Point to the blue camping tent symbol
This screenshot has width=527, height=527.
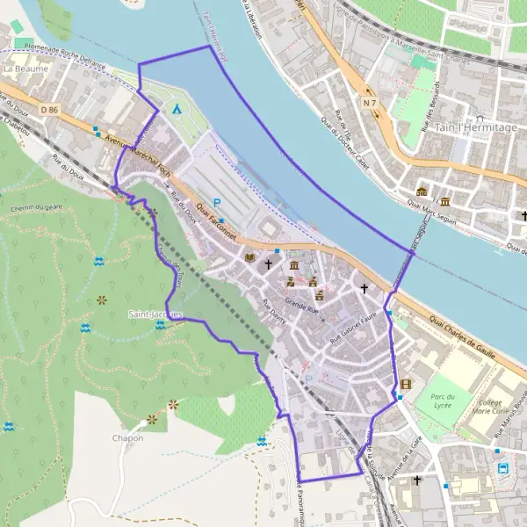coord(177,110)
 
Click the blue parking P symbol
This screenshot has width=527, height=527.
coord(216,202)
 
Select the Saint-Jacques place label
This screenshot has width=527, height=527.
coord(155,314)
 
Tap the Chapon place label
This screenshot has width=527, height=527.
coord(127,437)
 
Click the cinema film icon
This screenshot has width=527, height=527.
coord(405,384)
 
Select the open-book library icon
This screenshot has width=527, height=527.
coord(251,257)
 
